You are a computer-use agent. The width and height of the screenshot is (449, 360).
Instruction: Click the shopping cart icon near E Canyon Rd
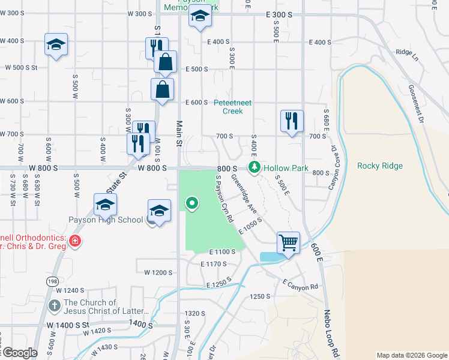tap(289, 243)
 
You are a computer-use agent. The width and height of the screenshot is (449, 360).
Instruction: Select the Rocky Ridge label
tap(379, 166)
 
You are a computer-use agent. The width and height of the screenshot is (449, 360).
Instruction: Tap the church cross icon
tap(55, 306)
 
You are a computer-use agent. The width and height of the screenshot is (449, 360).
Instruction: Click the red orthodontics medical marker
tap(74, 241)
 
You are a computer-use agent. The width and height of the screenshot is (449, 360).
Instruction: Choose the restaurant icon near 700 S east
tap(292, 121)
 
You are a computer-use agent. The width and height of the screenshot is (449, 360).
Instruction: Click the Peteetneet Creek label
tap(228, 107)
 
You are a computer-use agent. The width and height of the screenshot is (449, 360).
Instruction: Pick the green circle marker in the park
tap(192, 203)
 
